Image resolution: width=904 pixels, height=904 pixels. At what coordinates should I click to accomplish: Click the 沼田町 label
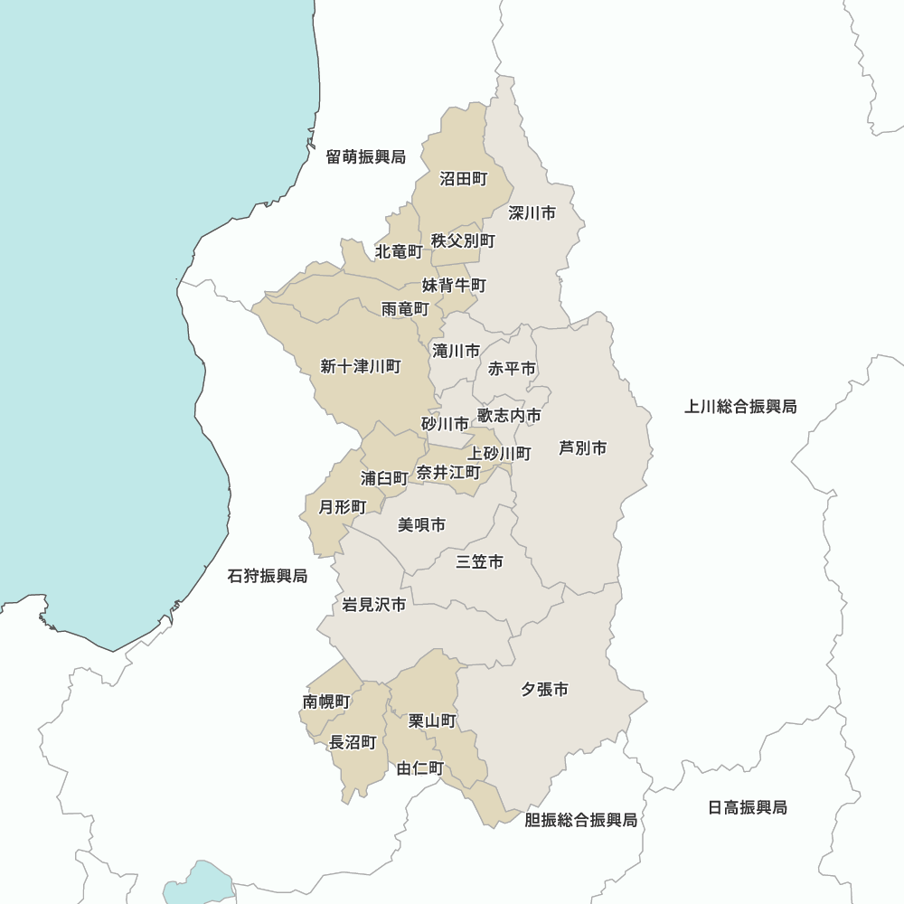tap(464, 179)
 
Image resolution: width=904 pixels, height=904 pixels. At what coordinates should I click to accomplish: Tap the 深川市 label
tap(532, 213)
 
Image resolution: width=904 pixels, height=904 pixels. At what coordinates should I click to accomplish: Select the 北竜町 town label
tap(399, 250)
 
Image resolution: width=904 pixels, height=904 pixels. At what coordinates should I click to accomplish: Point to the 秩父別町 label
tap(463, 240)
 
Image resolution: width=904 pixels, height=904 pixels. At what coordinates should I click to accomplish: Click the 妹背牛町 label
tap(454, 285)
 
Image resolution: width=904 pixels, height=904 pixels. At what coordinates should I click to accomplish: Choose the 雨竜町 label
tap(405, 309)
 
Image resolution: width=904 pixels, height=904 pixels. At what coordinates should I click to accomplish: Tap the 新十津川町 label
tap(361, 366)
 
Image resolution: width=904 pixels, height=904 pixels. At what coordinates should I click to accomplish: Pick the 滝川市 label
tap(457, 350)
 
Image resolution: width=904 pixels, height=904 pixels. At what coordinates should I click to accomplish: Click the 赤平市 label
tap(512, 369)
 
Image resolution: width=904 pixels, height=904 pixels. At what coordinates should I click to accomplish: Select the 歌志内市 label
tap(510, 415)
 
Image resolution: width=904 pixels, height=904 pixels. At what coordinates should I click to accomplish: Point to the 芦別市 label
tap(582, 447)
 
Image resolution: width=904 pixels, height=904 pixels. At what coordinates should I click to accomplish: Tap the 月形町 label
tap(343, 507)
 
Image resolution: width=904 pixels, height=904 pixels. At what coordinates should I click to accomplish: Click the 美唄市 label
tap(421, 524)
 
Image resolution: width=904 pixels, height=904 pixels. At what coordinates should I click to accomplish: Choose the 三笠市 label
tap(479, 562)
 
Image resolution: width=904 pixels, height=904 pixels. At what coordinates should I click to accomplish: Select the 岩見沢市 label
tap(373, 605)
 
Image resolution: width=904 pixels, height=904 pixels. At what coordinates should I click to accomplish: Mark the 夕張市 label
tap(544, 690)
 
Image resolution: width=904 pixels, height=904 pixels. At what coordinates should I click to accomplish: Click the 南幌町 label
tap(326, 702)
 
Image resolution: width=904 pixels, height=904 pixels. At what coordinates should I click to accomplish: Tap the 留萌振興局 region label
tap(366, 156)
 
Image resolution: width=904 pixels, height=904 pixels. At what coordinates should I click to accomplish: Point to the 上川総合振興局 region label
tap(740, 407)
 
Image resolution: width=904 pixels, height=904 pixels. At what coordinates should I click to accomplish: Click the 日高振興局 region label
tap(747, 807)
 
